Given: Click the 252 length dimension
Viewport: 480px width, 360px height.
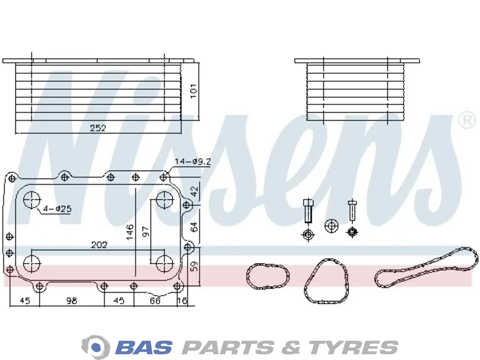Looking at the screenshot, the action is click(x=98, y=128).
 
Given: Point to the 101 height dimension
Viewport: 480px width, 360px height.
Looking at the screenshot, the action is click(x=193, y=91).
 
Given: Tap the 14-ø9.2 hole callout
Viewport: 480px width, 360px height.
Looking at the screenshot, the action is click(x=192, y=162).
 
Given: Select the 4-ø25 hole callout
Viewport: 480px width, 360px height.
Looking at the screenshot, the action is click(x=57, y=209).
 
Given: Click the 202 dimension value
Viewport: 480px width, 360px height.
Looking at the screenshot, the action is click(x=99, y=245).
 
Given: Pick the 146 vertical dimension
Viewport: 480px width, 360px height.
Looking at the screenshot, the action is click(x=130, y=232).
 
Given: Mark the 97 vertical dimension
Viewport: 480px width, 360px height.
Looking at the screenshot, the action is click(x=145, y=231).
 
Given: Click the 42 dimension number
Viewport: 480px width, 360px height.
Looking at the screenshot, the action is click(x=194, y=192).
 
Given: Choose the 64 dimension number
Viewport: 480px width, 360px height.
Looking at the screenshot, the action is click(x=194, y=226).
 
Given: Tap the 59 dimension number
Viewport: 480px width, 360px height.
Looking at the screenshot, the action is click(x=194, y=266).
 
